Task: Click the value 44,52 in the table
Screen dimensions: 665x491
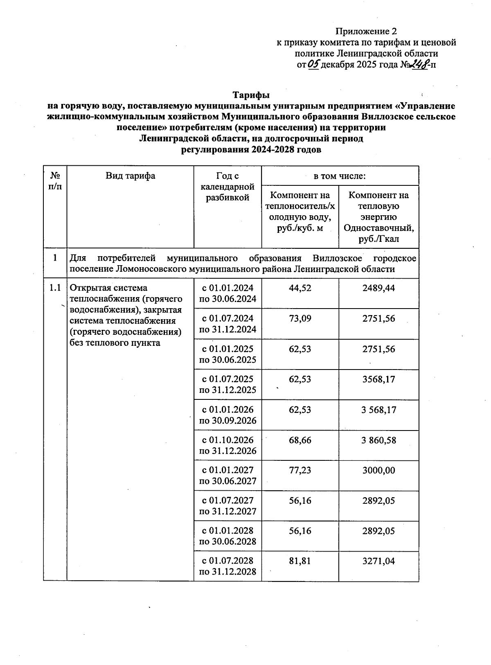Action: pyautogui.click(x=300, y=288)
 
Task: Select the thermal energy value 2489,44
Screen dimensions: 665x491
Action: pyautogui.click(x=378, y=288)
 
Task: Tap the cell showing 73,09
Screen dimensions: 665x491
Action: pyautogui.click(x=300, y=318)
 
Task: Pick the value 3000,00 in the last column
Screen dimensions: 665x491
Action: pyautogui.click(x=378, y=470)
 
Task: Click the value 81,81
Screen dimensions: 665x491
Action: pyautogui.click(x=300, y=561)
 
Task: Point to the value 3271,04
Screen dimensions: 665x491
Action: pyautogui.click(x=378, y=561)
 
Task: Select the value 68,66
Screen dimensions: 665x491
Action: pyautogui.click(x=300, y=440)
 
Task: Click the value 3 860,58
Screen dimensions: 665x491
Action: pyautogui.click(x=378, y=440)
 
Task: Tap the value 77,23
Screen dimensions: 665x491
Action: pyautogui.click(x=300, y=470)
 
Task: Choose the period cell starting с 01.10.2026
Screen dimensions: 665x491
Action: pyautogui.click(x=228, y=445)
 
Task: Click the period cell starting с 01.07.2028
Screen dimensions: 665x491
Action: pyautogui.click(x=228, y=566)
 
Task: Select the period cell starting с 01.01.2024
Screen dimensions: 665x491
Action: pyautogui.click(x=228, y=293)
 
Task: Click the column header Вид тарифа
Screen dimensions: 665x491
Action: pyautogui.click(x=130, y=176)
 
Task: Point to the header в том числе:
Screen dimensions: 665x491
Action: pyautogui.click(x=340, y=176)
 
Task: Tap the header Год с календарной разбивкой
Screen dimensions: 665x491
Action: pyautogui.click(x=228, y=187)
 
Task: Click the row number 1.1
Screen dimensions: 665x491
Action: pyautogui.click(x=55, y=288)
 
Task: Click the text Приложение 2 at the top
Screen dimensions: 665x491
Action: pyautogui.click(x=366, y=32)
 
